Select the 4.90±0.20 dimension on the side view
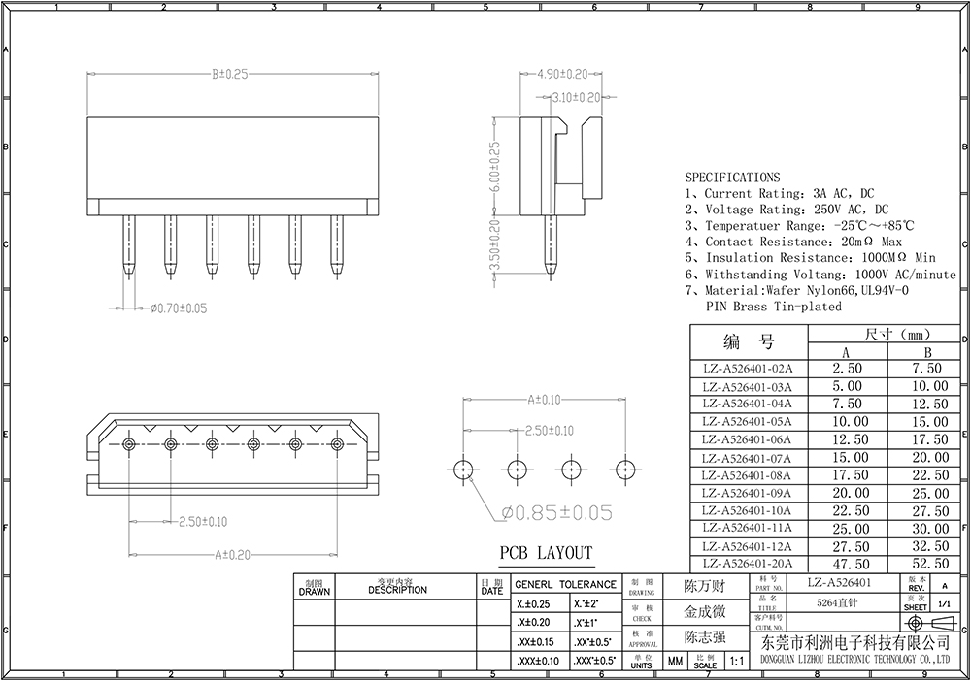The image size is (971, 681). click(562, 74)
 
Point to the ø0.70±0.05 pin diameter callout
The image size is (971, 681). click(178, 308)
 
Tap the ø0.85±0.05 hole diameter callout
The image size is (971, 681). click(556, 511)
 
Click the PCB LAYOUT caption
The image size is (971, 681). click(546, 554)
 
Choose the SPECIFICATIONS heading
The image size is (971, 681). click(732, 178)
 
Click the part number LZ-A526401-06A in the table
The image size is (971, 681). click(747, 439)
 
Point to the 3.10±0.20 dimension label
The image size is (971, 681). click(576, 97)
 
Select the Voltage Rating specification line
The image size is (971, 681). click(787, 210)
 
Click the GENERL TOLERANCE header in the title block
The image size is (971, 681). click(565, 585)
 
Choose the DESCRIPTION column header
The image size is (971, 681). click(397, 589)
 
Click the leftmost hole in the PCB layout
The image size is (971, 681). click(464, 470)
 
